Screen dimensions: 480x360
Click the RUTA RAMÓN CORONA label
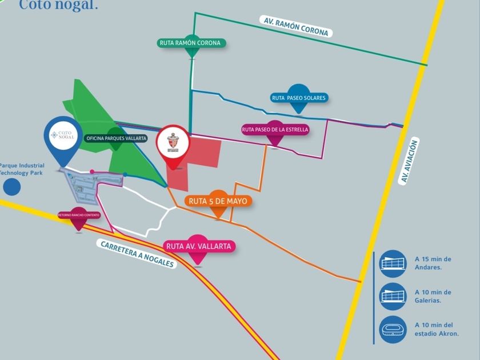tap(190, 43)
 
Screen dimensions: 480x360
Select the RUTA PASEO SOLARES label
tap(299, 98)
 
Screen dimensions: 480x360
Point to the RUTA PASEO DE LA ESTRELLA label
tap(275, 130)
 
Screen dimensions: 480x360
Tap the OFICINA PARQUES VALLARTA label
tap(116, 138)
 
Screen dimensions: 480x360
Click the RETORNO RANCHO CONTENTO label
tap(78, 215)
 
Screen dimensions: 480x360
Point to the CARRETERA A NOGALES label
tap(137, 254)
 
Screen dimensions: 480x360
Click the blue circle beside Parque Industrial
tap(11, 186)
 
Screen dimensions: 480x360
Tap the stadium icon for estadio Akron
tap(393, 329)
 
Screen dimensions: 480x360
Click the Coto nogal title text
tap(58, 5)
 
